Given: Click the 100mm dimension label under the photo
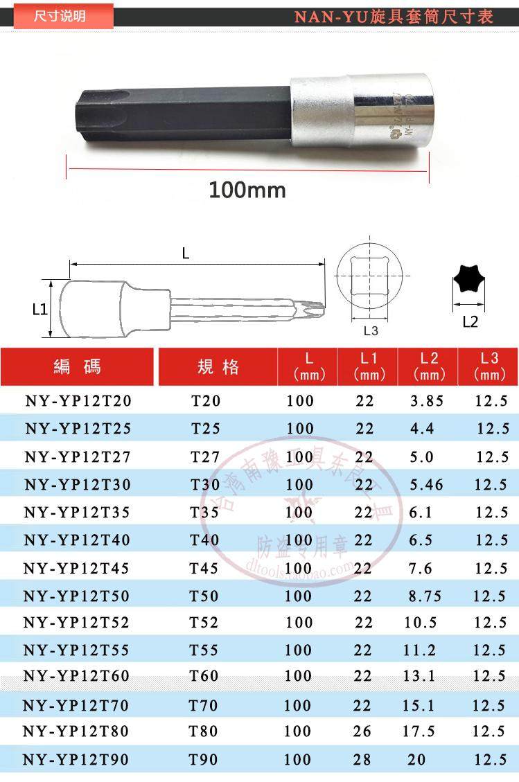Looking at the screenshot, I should (x=247, y=189).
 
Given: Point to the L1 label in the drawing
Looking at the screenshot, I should (x=40, y=309).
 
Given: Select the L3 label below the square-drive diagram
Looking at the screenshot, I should (x=371, y=330).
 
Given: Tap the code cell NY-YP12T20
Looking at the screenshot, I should (x=78, y=401).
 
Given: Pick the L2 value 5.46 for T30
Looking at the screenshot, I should (x=426, y=485).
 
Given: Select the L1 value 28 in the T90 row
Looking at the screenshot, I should (x=362, y=760).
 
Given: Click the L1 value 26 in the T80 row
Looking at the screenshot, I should (x=362, y=731).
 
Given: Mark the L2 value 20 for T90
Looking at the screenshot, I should (x=416, y=760).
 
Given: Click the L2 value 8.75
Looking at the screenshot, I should (x=425, y=596).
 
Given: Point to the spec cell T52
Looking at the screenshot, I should (x=203, y=622).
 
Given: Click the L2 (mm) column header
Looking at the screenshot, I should (x=428, y=366).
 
